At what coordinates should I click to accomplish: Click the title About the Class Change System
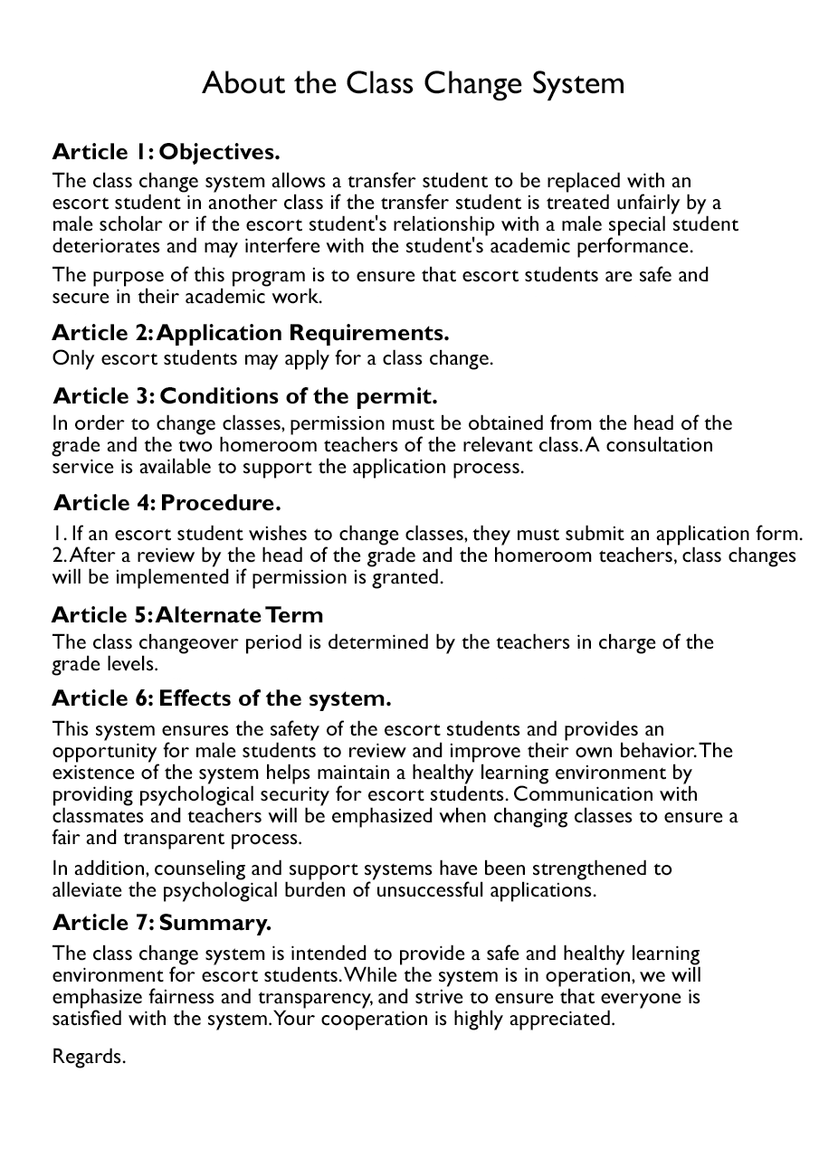[413, 84]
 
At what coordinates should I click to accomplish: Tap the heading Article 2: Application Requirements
[251, 333]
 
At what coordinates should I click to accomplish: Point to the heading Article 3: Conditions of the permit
[245, 396]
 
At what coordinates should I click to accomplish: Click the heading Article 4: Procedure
[167, 502]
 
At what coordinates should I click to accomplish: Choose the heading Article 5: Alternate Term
[187, 615]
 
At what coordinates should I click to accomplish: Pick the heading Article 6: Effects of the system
[222, 698]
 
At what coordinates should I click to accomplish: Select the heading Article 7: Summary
[162, 923]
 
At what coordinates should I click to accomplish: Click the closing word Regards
[89, 1057]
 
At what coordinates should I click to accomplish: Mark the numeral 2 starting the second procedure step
[57, 555]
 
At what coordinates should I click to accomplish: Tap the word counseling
[199, 868]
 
